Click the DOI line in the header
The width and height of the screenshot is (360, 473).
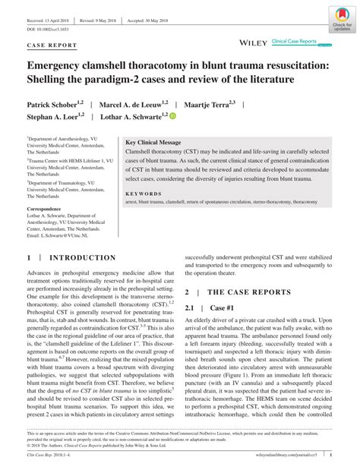pyautogui.click(x=47, y=29)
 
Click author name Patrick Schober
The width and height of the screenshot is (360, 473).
pyautogui.click(x=58, y=104)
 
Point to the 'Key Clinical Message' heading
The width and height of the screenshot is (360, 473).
pyautogui.click(x=153, y=143)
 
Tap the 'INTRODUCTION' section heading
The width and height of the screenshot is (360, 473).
pyautogui.click(x=82, y=258)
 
